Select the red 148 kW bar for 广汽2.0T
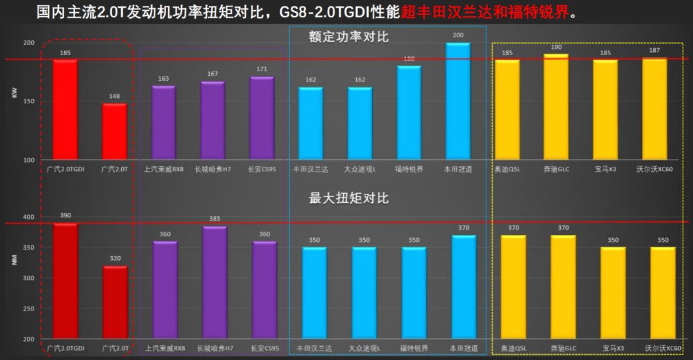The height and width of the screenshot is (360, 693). coord(115,132)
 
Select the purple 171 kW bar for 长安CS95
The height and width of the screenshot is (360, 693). coord(262,118)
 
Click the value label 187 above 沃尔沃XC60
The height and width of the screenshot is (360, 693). coord(654,50)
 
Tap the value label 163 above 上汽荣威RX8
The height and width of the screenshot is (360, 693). coord(164,79)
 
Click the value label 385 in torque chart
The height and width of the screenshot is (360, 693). coord(214,219)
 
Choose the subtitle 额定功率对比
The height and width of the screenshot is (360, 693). coord(348,37)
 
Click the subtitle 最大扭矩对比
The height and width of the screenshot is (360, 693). coord(348,198)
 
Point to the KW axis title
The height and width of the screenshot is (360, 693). coord(14,93)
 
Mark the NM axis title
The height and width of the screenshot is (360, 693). coord(14,260)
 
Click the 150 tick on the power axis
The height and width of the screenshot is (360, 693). coord(29,101)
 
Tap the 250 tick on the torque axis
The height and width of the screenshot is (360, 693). coord(29,309)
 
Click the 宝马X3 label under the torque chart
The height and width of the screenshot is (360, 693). coord(613,348)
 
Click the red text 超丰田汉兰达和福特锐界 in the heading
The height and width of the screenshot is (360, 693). coord(488,12)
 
